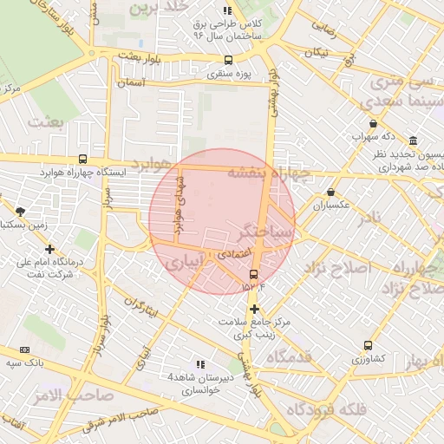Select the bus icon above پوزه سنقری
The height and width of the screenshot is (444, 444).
[228, 60]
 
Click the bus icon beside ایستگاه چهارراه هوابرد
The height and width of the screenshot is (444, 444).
[82, 160]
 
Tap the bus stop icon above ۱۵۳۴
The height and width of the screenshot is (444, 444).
[253, 274]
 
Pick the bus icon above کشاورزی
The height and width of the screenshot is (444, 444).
[368, 344]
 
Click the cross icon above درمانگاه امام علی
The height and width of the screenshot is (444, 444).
[49, 249]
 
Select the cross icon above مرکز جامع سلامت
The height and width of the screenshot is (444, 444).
[253, 309]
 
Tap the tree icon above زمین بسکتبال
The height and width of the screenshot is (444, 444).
[20, 211]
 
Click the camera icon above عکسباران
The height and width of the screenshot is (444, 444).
[330, 192]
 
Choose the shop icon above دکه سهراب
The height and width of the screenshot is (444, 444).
[373, 123]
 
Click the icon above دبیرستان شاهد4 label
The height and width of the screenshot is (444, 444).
[200, 364]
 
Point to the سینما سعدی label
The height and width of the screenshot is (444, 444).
[401, 101]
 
